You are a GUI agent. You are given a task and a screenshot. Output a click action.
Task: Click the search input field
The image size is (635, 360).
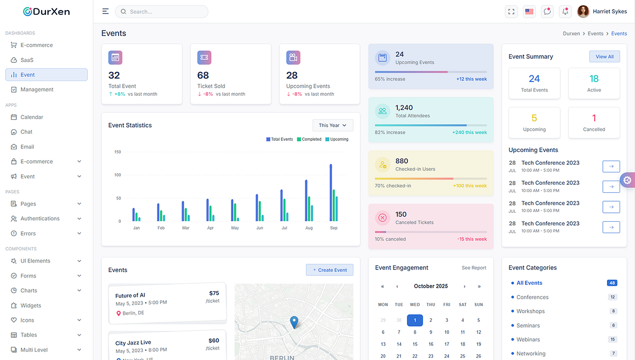[164, 12]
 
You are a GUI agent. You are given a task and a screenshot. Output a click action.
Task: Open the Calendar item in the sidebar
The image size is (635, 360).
[32, 117]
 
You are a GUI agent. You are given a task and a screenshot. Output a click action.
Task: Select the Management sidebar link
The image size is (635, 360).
[37, 89]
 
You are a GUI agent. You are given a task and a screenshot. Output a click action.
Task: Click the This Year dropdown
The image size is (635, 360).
[333, 125]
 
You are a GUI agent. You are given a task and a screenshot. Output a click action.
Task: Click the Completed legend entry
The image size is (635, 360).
[309, 139]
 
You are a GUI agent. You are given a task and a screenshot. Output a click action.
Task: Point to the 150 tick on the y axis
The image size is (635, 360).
[117, 152]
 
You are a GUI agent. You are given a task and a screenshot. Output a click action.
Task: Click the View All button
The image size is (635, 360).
[604, 57]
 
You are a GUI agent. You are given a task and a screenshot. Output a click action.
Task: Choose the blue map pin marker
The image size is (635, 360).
[294, 321]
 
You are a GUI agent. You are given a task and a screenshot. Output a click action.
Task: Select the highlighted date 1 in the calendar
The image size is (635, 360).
[415, 320]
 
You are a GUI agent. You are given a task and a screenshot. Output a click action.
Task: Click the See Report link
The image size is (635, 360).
[474, 268]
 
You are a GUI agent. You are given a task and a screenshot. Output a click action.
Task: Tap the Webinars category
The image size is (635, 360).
[528, 339]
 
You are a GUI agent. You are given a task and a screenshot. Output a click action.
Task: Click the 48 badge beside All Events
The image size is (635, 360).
[612, 283]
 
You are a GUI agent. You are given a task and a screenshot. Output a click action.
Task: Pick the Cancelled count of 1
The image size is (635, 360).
[594, 118]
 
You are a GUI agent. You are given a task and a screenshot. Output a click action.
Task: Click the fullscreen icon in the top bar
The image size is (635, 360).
[511, 12]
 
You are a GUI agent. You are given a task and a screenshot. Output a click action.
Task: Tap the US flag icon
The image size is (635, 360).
[529, 12]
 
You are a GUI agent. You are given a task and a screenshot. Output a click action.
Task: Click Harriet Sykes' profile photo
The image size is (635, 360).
[583, 12]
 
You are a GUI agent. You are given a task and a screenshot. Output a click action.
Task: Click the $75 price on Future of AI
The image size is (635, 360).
[214, 293]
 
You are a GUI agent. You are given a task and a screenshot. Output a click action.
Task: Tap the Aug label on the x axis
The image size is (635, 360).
[309, 228]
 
